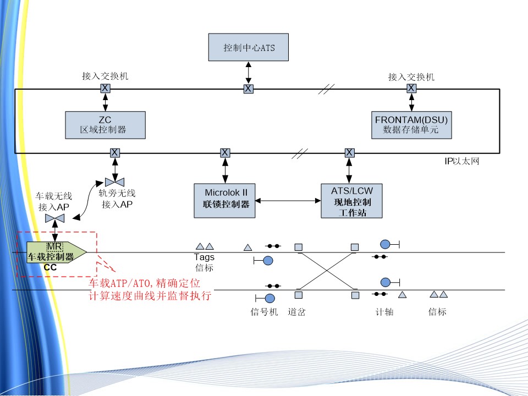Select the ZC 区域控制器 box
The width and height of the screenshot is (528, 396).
click(x=105, y=125)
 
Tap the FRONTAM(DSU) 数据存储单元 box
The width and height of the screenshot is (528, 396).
click(x=411, y=125)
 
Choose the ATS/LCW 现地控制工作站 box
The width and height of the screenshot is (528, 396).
click(x=351, y=201)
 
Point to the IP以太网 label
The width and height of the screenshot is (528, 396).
click(x=463, y=162)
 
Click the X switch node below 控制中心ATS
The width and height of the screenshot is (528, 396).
click(x=249, y=88)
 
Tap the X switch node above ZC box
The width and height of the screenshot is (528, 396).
click(x=105, y=88)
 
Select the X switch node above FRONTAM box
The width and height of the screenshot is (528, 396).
click(x=411, y=88)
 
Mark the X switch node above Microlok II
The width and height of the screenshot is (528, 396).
click(x=225, y=152)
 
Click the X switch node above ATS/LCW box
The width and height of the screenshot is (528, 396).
click(x=349, y=152)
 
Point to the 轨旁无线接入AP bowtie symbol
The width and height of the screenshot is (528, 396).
click(x=114, y=182)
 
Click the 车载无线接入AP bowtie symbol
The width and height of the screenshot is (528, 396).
click(x=55, y=219)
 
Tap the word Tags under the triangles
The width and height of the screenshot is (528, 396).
click(x=204, y=257)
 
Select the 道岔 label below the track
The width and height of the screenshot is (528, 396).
click(x=296, y=312)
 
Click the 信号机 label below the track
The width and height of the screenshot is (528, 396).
click(x=261, y=312)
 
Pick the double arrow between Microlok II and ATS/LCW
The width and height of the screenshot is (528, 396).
click(x=288, y=201)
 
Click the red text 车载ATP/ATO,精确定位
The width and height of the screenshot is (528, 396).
click(x=145, y=283)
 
